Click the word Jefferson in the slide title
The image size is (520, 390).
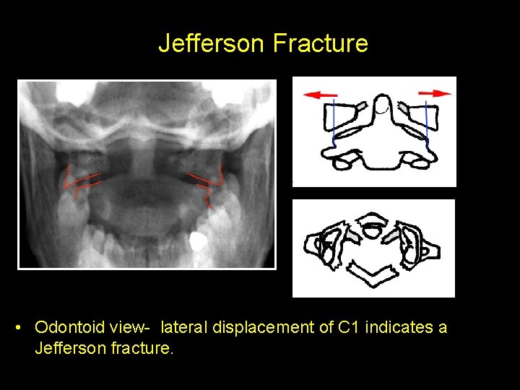click(x=212, y=43)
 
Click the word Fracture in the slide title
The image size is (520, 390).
click(x=321, y=43)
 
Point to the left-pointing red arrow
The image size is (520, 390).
click(x=321, y=95)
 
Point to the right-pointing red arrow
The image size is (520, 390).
click(x=434, y=93)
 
